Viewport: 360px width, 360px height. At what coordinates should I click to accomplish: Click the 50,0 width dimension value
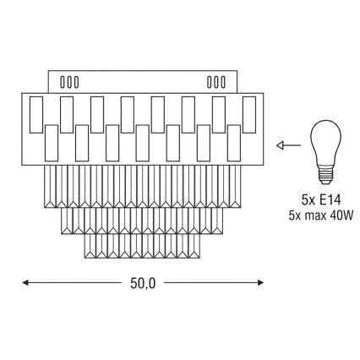pyautogui.click(x=143, y=283)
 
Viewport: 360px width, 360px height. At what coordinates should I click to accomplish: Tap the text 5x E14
pyautogui.click(x=321, y=200)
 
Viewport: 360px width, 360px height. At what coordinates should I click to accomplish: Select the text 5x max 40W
pyautogui.click(x=321, y=215)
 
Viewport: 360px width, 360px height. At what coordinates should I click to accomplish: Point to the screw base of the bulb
pyautogui.click(x=325, y=175)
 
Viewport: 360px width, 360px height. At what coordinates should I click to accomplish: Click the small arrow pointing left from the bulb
pyautogui.click(x=289, y=145)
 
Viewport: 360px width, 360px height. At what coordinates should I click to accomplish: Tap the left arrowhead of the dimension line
pyautogui.click(x=25, y=282)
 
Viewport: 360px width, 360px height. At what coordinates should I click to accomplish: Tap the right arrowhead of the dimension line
pyautogui.click(x=260, y=282)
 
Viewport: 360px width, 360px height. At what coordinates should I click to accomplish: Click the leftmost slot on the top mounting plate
pyautogui.click(x=63, y=82)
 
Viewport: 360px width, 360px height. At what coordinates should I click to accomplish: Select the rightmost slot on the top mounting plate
pyautogui.click(x=223, y=82)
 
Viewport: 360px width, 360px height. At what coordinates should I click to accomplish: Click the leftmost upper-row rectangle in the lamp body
pyautogui.click(x=36, y=115)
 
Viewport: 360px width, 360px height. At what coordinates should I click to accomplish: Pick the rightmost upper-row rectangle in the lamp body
pyautogui.click(x=249, y=115)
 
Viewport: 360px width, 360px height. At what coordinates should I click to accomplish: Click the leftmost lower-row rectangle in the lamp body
pyautogui.click(x=52, y=143)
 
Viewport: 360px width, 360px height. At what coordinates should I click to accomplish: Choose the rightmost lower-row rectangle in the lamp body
pyautogui.click(x=234, y=143)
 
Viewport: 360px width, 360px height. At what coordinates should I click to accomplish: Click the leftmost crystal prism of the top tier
pyautogui.click(x=50, y=187)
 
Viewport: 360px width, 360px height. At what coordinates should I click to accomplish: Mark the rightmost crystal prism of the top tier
pyautogui.click(x=236, y=187)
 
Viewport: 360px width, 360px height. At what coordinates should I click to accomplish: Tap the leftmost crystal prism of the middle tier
pyautogui.click(x=67, y=221)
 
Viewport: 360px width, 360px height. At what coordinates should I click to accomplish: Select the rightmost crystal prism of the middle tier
pyautogui.click(x=217, y=221)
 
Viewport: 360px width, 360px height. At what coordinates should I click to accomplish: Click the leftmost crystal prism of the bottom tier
pyautogui.click(x=90, y=246)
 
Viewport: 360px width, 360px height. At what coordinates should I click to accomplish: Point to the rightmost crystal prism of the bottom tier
pyautogui.click(x=194, y=246)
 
